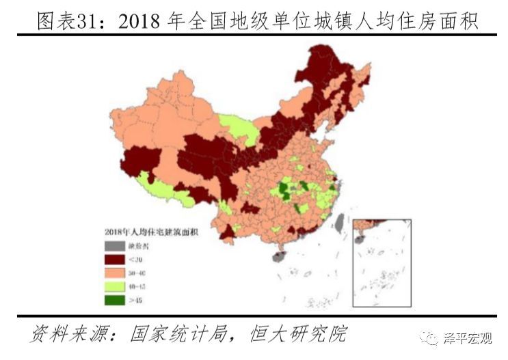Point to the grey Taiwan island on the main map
pos(337,220)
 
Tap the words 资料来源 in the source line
pos(65,335)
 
